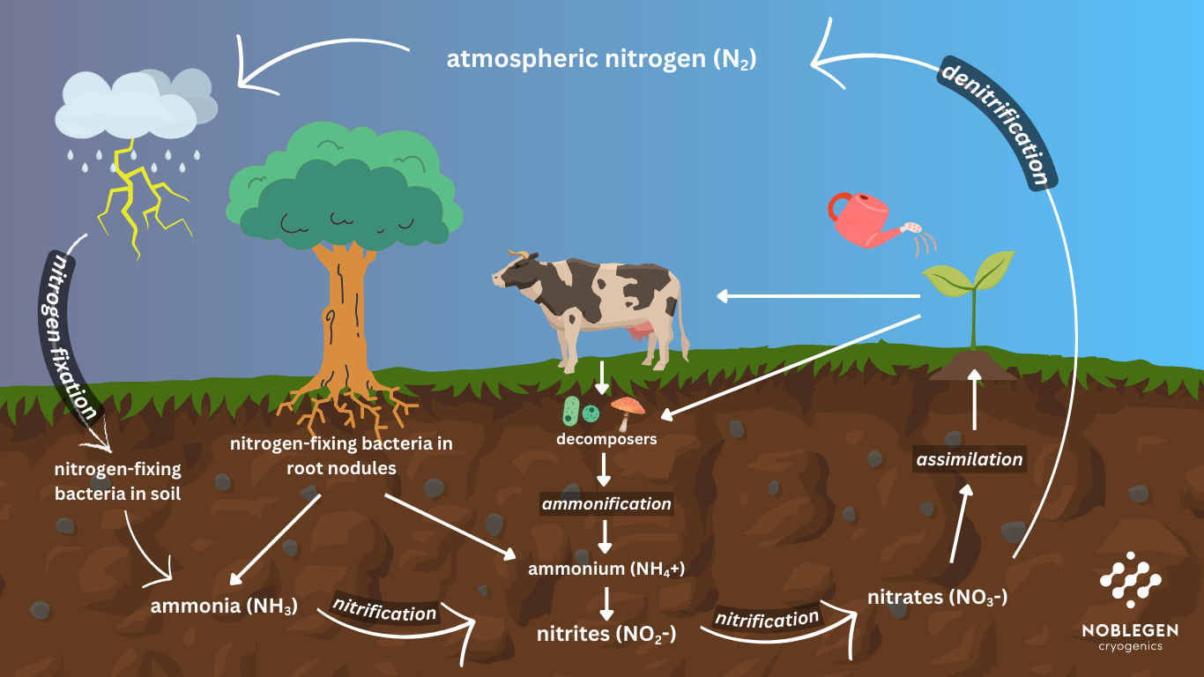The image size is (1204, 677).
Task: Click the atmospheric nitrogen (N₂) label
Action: [x=602, y=60]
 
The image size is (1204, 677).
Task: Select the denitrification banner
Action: [x=997, y=123]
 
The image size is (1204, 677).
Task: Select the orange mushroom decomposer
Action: [x=628, y=409]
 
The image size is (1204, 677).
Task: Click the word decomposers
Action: [x=606, y=438]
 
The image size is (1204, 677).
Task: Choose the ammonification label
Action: [x=606, y=504]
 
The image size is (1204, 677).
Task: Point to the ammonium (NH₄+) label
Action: [x=606, y=569]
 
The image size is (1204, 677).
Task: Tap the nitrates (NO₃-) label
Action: [x=937, y=597]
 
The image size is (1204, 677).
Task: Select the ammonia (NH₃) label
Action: [x=224, y=606]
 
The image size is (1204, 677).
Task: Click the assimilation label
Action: [x=970, y=459]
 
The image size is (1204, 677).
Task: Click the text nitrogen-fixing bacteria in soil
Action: [x=117, y=481]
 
